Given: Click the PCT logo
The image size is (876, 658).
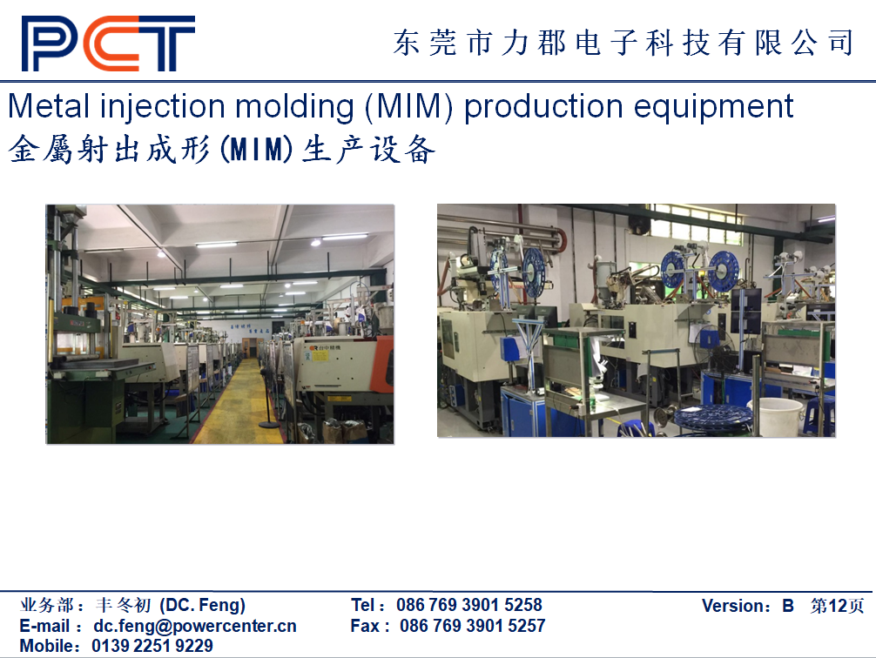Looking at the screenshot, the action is (x=108, y=44).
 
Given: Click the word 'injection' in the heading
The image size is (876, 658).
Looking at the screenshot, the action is (x=163, y=107).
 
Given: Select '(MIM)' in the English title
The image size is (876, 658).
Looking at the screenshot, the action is (x=408, y=107).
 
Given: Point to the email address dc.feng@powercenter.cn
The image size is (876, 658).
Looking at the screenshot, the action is (x=195, y=626).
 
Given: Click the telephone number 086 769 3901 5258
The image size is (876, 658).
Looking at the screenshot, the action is (x=469, y=605).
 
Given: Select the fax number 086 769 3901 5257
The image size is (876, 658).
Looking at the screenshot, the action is (x=473, y=626).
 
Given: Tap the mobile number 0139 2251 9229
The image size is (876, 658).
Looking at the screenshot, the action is (x=152, y=646).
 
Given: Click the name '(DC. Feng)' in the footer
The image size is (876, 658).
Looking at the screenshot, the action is (x=203, y=605).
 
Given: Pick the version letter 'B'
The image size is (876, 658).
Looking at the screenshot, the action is (x=788, y=606).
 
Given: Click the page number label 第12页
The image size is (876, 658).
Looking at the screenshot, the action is (x=837, y=606).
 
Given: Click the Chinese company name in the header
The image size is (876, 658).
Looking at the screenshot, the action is (x=623, y=43).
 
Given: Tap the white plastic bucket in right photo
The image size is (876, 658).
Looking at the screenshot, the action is (x=776, y=415).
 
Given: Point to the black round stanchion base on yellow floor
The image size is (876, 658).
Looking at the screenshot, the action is (x=270, y=425).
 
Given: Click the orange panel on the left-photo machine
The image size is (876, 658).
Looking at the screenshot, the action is (x=384, y=364).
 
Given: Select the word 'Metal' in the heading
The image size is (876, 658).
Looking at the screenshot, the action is (x=49, y=107).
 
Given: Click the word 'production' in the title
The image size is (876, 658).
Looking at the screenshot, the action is (x=543, y=107).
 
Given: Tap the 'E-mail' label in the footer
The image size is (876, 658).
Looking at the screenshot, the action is (x=44, y=626).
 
